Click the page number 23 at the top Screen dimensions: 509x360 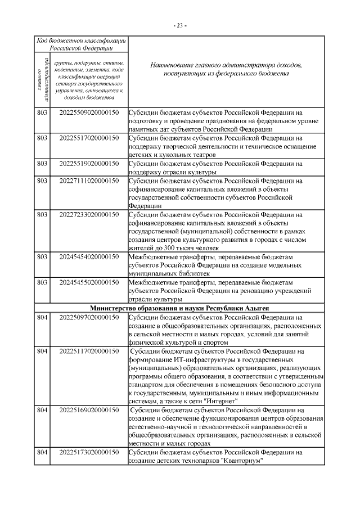pos(180,25)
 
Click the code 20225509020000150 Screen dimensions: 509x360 pos(89,111)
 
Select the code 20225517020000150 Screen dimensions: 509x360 pos(89,138)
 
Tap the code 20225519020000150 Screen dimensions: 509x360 pos(89,164)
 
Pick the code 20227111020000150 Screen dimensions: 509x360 pos(89,181)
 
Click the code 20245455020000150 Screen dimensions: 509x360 pos(89,282)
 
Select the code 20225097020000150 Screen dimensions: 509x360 pos(89,318)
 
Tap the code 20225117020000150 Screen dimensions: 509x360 pos(89,352)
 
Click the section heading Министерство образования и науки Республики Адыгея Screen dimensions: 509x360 pos(180,309)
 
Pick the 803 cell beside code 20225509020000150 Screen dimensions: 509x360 pos(42,111)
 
